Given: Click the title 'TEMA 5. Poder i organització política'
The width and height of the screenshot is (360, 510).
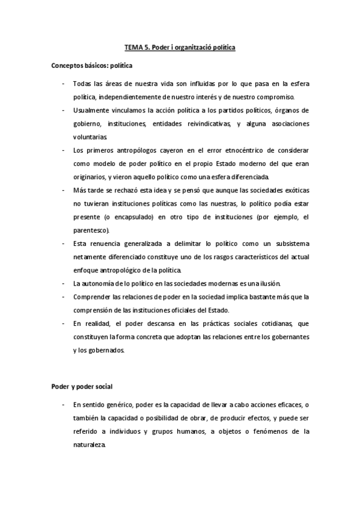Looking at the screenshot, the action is click(180, 46).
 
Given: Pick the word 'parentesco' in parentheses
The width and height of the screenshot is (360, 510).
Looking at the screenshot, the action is click(90, 230).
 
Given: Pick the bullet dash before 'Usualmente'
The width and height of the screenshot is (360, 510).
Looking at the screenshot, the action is click(64, 111).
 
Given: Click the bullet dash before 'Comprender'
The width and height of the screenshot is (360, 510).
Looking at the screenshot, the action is click(64, 296).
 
